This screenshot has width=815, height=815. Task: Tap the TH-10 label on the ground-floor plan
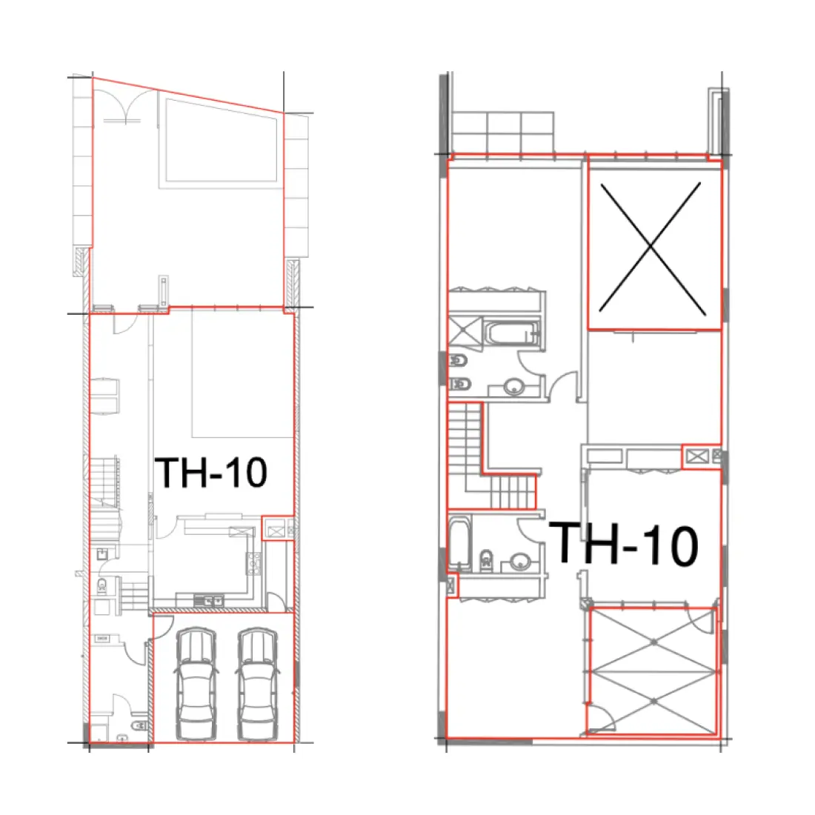point(210,472)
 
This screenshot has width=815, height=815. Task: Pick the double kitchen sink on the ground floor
point(209,600)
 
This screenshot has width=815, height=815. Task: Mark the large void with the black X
point(652,245)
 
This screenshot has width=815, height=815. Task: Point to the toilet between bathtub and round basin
point(487,560)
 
